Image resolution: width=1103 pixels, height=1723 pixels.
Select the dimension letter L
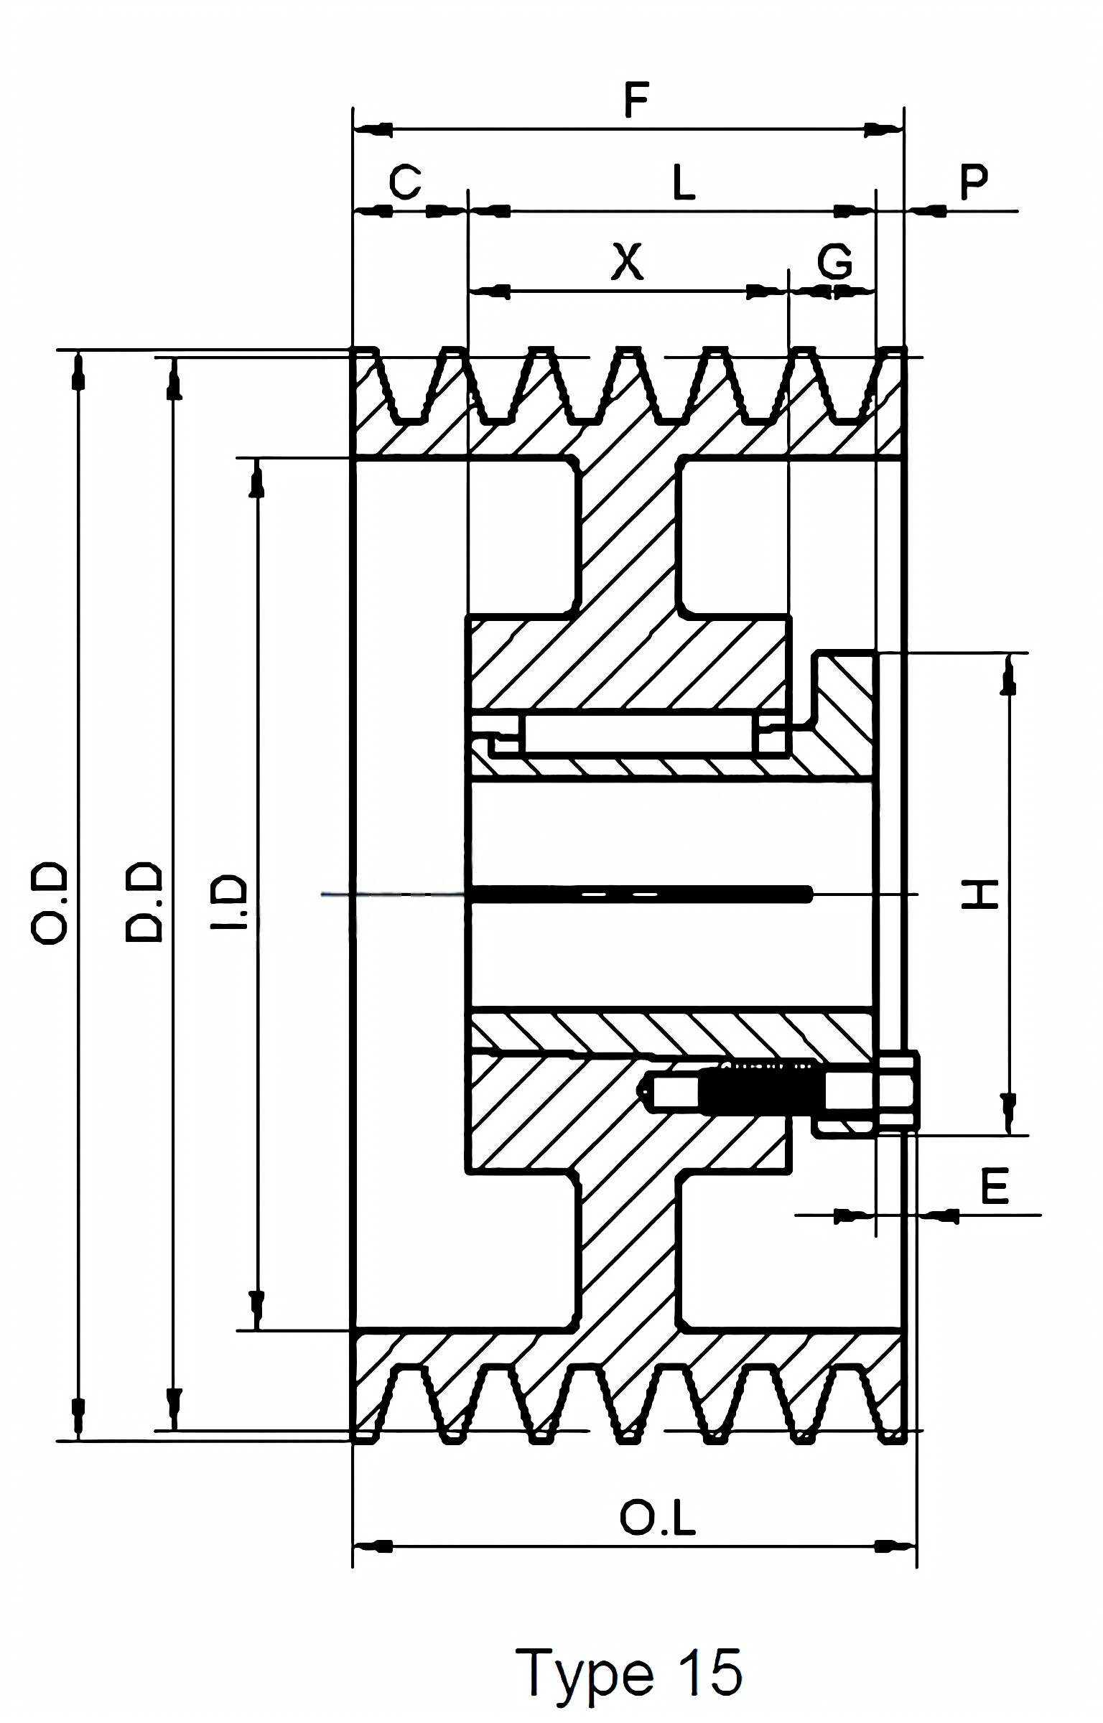(684, 182)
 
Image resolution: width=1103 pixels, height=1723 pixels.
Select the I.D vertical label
(230, 902)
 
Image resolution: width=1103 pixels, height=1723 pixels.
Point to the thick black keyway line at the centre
(639, 894)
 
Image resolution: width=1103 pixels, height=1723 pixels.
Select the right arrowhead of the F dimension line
(882, 130)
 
